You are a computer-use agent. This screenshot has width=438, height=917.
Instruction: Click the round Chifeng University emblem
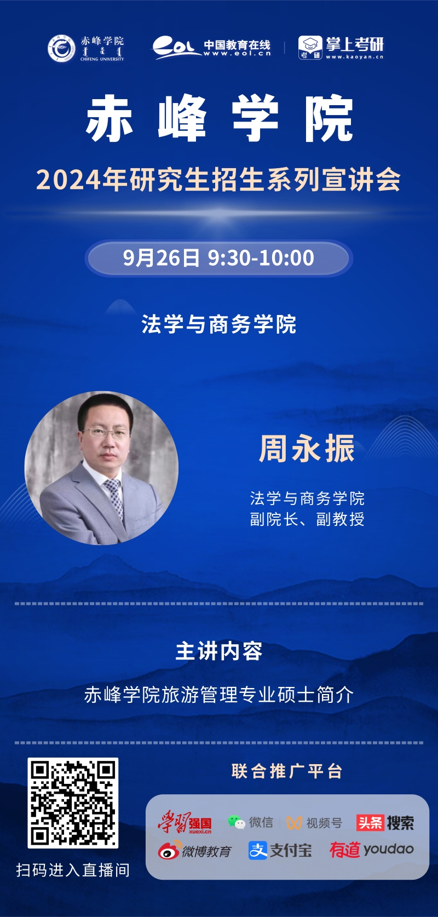pos(61,48)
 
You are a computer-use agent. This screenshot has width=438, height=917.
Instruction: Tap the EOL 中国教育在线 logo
pos(211,48)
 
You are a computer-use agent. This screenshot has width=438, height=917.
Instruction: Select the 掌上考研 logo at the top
pos(341,48)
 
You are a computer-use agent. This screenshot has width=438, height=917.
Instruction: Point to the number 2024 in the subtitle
pos(68,180)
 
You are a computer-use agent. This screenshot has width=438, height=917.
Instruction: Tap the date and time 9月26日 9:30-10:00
pos(218,258)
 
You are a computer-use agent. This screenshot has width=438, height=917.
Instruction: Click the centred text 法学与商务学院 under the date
pos(219,324)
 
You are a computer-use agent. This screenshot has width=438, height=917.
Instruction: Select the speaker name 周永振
pos(307,449)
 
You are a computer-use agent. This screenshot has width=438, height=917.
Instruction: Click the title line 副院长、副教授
pos(307,519)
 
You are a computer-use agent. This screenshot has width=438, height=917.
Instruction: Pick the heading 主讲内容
pos(219,651)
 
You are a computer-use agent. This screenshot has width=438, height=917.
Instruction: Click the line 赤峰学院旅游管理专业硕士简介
pos(219,695)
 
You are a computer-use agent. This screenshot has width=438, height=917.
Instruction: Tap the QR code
pos(73,803)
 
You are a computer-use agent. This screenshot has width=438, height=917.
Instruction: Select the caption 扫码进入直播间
pos(73,870)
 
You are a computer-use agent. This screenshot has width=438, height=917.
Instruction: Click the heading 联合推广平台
pos(287,771)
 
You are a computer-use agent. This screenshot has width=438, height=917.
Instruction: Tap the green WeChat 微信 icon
pos(236,822)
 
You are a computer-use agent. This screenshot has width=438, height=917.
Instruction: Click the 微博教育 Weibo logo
pos(195,850)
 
